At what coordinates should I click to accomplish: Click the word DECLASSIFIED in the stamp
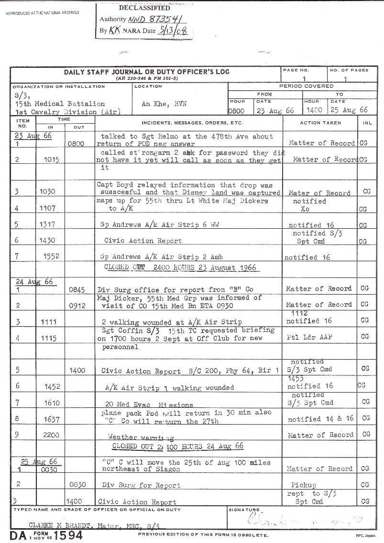point(144,8)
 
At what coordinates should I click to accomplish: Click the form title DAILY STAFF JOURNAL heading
point(146,72)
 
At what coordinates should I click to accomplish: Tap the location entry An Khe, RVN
point(160,104)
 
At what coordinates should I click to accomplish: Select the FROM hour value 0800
point(237,110)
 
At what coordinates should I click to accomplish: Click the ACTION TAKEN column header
point(320,123)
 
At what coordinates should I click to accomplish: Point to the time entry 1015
point(50,160)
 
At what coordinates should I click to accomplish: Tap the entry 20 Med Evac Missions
point(149,405)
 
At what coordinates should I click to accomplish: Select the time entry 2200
point(50,435)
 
